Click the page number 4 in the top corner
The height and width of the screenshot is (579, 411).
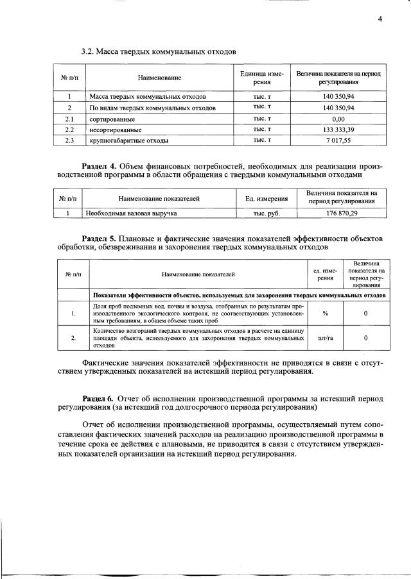coord(380,19)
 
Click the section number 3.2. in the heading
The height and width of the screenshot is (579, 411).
coord(88,51)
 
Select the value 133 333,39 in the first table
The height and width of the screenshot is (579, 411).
coord(338,129)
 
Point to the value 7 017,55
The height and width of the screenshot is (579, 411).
coord(338,140)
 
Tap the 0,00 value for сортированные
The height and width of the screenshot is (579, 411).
coord(338,119)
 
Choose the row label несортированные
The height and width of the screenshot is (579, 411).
coord(116,130)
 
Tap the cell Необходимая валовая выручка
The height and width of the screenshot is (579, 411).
coord(132,212)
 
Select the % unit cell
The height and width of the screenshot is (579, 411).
coord(326,313)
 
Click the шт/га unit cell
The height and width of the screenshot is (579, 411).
coord(326,337)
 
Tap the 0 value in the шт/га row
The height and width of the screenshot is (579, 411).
coord(365,337)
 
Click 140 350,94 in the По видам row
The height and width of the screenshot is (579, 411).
coord(338,108)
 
